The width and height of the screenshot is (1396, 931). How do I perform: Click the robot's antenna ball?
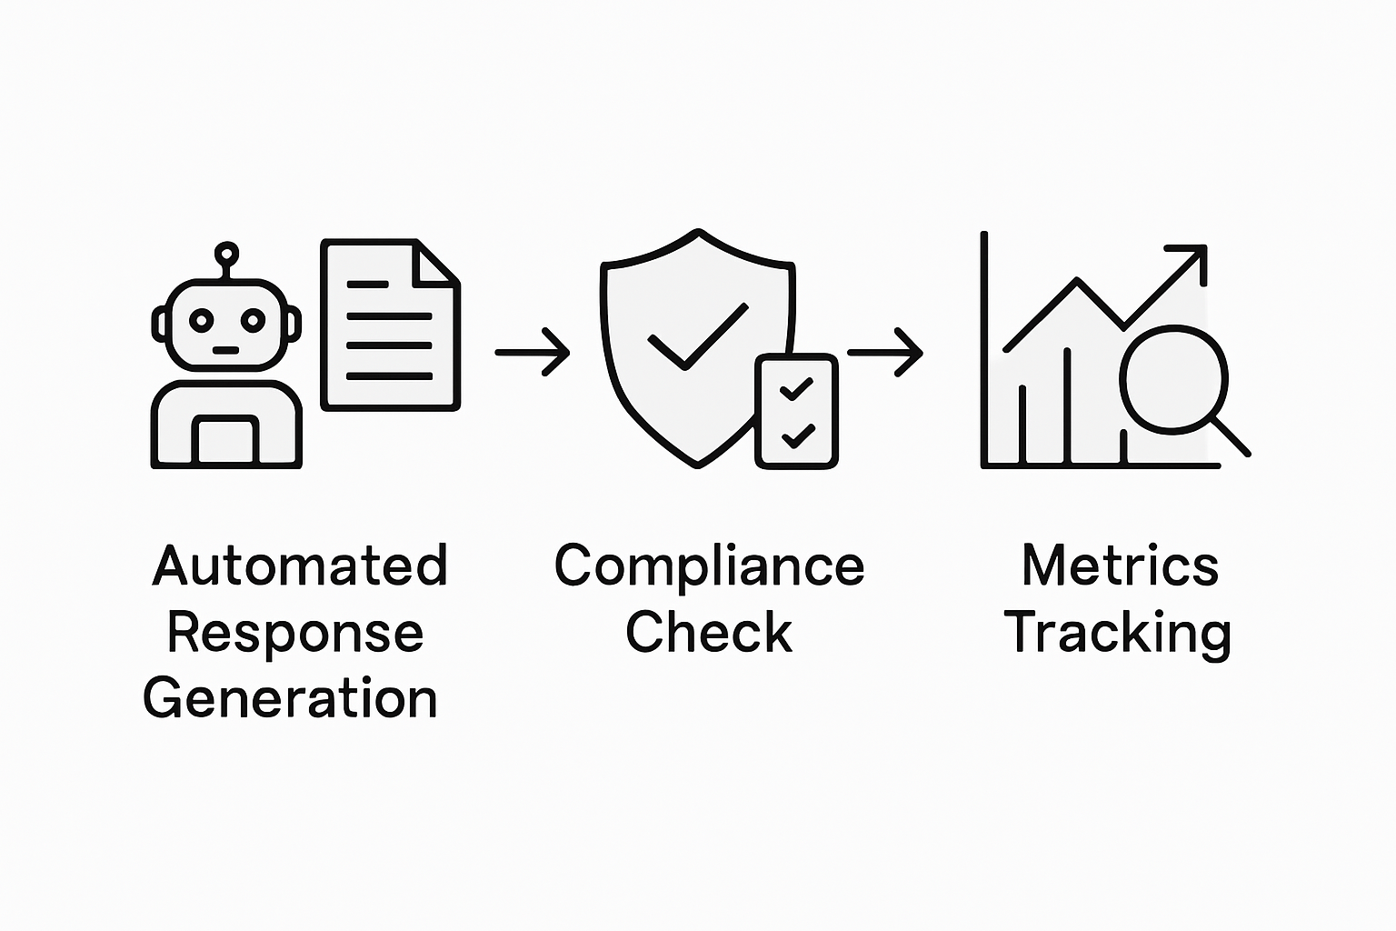[x=226, y=254]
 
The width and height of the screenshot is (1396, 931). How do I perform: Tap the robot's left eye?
[x=201, y=320]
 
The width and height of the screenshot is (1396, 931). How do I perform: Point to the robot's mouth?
[x=226, y=350]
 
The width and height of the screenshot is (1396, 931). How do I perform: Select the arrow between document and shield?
[x=533, y=351]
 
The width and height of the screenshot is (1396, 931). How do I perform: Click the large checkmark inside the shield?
[x=698, y=336]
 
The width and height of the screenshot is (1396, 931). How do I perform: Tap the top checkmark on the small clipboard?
[x=797, y=389]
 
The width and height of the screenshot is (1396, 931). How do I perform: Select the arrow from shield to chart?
[x=885, y=351]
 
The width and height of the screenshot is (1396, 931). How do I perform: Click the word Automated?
[x=300, y=566]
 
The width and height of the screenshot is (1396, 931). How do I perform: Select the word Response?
[x=295, y=634]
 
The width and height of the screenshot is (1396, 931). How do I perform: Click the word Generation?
[x=291, y=699]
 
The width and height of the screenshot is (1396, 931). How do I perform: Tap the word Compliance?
[x=709, y=566]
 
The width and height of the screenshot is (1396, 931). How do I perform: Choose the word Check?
[x=709, y=633]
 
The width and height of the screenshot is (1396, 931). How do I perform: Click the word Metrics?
[x=1120, y=566]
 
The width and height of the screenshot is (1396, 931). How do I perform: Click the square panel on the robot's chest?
[x=225, y=443]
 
